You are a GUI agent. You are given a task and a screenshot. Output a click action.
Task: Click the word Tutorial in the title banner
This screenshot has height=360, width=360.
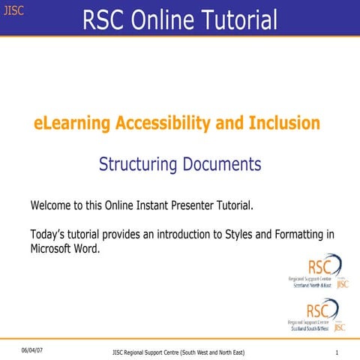238,20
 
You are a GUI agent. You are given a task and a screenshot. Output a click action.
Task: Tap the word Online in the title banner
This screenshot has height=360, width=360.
157,20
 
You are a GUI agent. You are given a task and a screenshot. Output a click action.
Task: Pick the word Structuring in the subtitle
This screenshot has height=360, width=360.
137,163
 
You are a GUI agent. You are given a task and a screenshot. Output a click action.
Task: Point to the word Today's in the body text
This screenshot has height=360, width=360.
51,234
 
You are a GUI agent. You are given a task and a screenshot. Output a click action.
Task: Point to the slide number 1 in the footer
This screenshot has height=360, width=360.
338,352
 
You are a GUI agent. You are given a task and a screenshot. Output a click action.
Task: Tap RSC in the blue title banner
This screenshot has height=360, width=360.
103,20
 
